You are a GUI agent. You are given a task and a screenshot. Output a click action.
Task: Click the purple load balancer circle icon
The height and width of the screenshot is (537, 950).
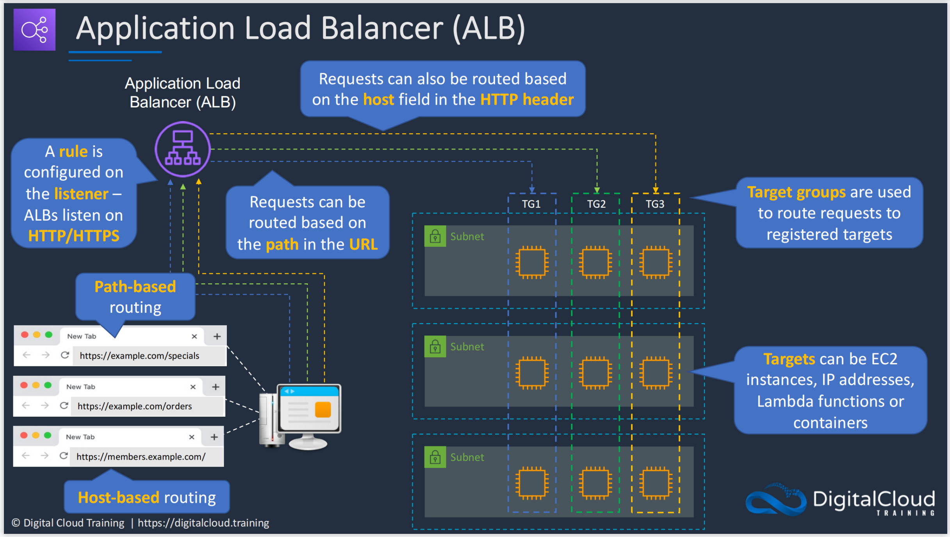tap(183, 149)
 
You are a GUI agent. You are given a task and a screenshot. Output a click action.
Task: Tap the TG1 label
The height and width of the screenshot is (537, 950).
tap(531, 204)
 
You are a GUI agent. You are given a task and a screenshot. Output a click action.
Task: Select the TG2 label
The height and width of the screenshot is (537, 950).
tap(596, 204)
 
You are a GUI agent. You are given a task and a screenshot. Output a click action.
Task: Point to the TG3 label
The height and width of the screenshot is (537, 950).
tap(655, 204)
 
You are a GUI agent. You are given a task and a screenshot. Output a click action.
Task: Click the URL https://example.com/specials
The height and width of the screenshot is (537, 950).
tap(139, 356)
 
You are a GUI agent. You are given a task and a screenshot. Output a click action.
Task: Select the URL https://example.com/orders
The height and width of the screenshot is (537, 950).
tap(135, 406)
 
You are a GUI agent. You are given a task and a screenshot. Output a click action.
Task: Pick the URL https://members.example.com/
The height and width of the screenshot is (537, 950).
tap(141, 457)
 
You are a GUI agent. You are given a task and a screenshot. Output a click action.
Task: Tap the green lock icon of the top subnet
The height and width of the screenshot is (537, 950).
tap(435, 236)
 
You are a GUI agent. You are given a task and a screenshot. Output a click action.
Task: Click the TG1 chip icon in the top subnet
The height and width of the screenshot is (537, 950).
tap(532, 262)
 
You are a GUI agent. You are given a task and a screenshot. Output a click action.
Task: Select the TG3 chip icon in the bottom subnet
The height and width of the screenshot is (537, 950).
tap(656, 483)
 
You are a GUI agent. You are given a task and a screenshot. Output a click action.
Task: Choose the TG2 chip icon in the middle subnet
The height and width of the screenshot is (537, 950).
tap(595, 373)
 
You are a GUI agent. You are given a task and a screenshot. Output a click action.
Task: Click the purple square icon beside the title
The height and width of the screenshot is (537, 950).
tap(34, 30)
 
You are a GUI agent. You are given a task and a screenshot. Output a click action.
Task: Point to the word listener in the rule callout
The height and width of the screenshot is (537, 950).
tap(81, 194)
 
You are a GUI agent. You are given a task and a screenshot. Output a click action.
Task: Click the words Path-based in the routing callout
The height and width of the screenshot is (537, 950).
tap(135, 287)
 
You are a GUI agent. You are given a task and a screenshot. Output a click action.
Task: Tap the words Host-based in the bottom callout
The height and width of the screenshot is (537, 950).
tap(119, 498)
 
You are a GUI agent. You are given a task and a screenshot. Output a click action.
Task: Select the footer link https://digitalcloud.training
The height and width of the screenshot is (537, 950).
tap(203, 523)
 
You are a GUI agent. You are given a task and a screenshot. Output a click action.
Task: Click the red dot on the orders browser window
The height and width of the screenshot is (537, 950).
tap(24, 385)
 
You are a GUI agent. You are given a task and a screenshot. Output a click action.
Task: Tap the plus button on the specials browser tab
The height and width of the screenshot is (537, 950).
tap(217, 336)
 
